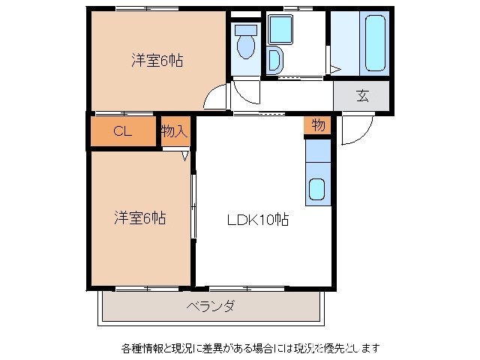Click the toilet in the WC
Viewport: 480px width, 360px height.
[x=244, y=43]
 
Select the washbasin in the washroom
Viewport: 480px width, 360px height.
[x=274, y=60]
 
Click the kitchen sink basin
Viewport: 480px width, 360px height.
[x=317, y=190]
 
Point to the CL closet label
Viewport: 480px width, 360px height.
[x=123, y=131]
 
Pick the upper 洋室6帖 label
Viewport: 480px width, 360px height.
[x=157, y=61]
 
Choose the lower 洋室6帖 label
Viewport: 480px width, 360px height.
[x=140, y=218]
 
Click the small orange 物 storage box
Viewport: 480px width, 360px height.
[x=318, y=125]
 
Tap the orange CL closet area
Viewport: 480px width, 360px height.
[x=123, y=132]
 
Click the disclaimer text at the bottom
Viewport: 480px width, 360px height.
[x=250, y=348]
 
